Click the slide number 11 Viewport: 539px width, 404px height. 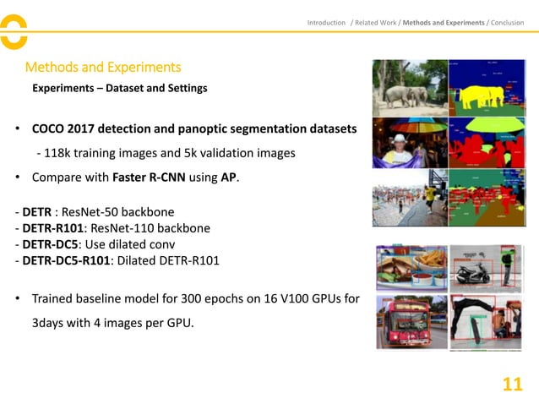pos(512,385)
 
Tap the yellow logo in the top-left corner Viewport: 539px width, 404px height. pos(13,31)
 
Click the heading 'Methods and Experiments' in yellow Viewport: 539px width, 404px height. pos(103,67)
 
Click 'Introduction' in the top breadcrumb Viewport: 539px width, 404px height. pos(326,23)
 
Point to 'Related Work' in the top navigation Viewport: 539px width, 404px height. pos(376,23)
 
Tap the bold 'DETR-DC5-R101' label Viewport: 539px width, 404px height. pos(66,260)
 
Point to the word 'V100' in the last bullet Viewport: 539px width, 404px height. pos(286,298)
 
